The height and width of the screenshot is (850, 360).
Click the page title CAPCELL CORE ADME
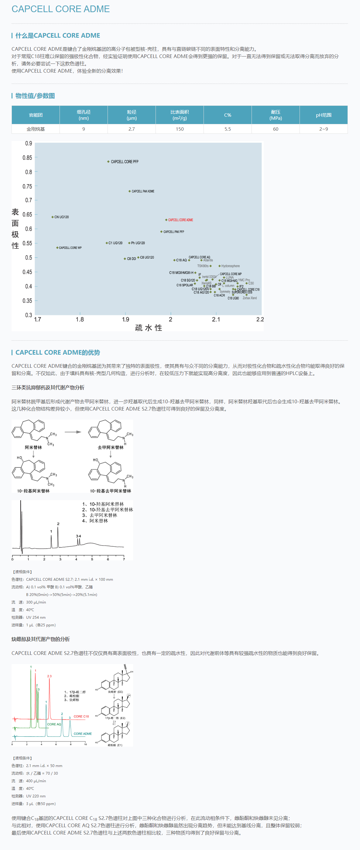pos(60,9)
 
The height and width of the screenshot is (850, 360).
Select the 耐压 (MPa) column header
pos(275,115)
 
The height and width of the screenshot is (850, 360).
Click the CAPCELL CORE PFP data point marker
pos(108,162)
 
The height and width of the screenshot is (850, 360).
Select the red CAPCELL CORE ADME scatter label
pos(180,220)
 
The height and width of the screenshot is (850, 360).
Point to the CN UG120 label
pos(61,217)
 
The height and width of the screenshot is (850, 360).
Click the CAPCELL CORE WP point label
pos(70,248)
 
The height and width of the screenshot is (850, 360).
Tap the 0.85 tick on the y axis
pos(27,158)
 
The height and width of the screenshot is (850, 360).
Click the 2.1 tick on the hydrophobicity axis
pos(216,319)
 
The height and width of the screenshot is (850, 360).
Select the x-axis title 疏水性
pos(149,328)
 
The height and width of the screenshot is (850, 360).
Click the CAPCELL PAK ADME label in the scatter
pos(143,191)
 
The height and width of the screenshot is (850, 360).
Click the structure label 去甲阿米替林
pos(111,447)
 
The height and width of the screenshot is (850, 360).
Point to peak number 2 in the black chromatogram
pos(58,524)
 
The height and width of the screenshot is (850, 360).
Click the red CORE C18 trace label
pos(81,716)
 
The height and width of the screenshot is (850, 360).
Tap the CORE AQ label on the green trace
pos(54,724)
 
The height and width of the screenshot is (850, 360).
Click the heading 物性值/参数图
pos(35,96)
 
